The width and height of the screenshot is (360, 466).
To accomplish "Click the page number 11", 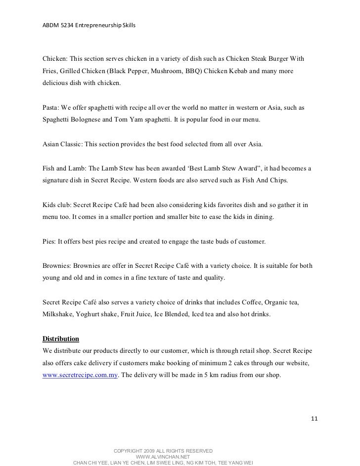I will point(314,419).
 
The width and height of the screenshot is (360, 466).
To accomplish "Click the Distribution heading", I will point(61,339).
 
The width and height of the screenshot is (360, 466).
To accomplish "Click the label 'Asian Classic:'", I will point(63,145).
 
